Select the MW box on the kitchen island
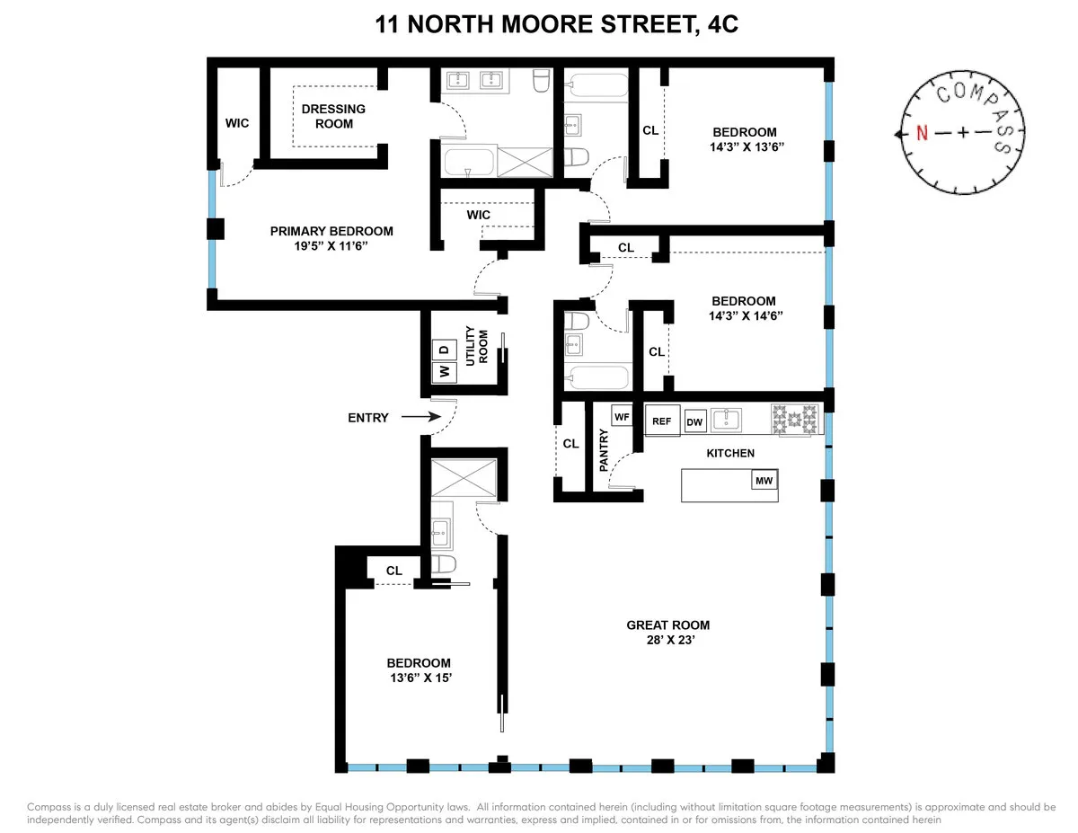pos(764,481)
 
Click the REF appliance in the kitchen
pos(662,421)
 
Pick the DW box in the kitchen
pos(694,421)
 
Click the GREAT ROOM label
pos(668,625)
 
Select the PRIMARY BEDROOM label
pos(331,231)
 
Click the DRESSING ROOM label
pos(333,116)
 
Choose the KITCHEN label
pos(730,453)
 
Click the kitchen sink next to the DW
pos(726,420)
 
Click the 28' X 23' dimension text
pos(668,642)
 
